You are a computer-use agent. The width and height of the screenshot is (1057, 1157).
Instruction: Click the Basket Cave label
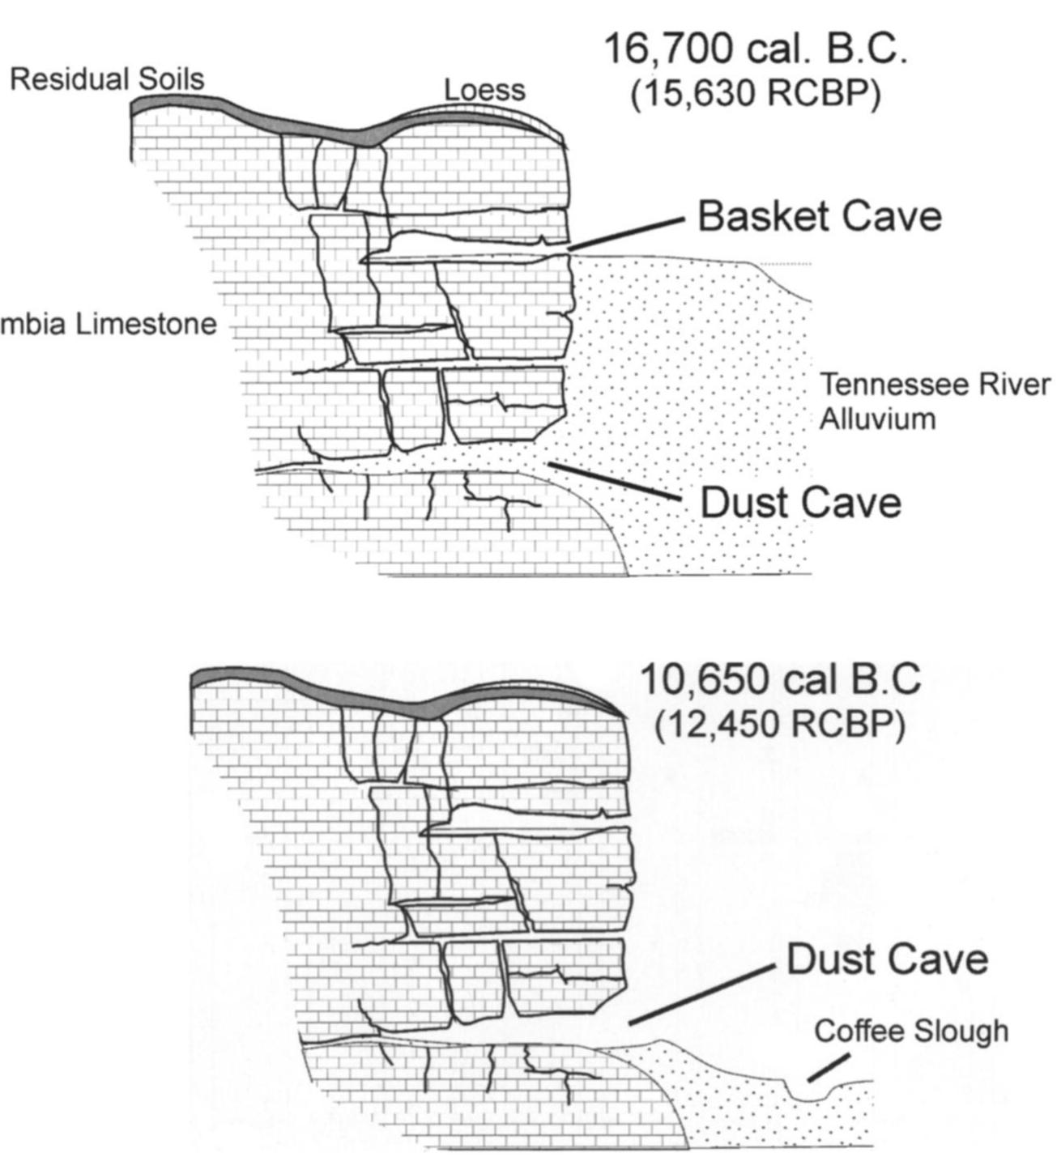click(819, 217)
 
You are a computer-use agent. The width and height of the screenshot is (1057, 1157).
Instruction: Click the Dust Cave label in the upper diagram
click(800, 502)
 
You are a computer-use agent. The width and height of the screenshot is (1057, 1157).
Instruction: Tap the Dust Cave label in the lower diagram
click(887, 959)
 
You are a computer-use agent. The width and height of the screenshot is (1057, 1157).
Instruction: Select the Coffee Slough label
click(911, 1031)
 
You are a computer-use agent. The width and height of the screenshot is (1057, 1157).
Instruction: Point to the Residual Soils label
click(106, 79)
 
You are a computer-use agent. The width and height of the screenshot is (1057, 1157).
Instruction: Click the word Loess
click(484, 90)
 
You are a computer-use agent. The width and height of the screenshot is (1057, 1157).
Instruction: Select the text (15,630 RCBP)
click(755, 94)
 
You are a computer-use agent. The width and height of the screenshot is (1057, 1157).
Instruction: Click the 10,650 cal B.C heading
click(780, 678)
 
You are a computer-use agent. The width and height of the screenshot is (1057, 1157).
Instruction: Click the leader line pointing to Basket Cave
click(628, 233)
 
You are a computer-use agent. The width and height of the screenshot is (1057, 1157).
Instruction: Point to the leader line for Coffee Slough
click(829, 1066)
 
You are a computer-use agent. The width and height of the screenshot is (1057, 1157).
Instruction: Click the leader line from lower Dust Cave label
click(701, 995)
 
